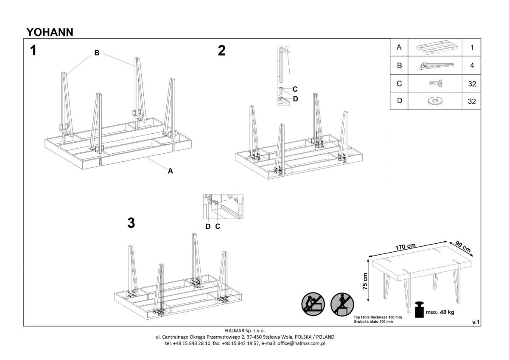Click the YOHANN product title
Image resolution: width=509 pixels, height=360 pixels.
[50, 32]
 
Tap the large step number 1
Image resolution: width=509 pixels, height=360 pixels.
[33, 51]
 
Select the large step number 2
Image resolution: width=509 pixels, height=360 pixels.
[221, 51]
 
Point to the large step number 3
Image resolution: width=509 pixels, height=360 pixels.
[131, 223]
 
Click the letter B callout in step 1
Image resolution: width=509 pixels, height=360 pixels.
[97, 53]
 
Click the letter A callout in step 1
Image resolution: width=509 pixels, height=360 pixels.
[170, 171]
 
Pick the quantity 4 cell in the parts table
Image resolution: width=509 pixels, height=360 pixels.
[472, 66]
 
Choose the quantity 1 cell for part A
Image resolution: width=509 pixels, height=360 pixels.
[472, 48]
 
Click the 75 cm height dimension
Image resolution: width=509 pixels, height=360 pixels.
[366, 281]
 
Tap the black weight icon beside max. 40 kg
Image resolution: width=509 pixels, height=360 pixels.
[419, 310]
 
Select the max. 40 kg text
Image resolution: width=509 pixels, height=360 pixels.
[440, 312]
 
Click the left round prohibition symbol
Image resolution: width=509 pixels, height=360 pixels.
[313, 304]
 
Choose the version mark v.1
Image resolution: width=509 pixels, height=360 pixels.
[476, 322]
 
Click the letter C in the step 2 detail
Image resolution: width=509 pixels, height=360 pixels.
[295, 89]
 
